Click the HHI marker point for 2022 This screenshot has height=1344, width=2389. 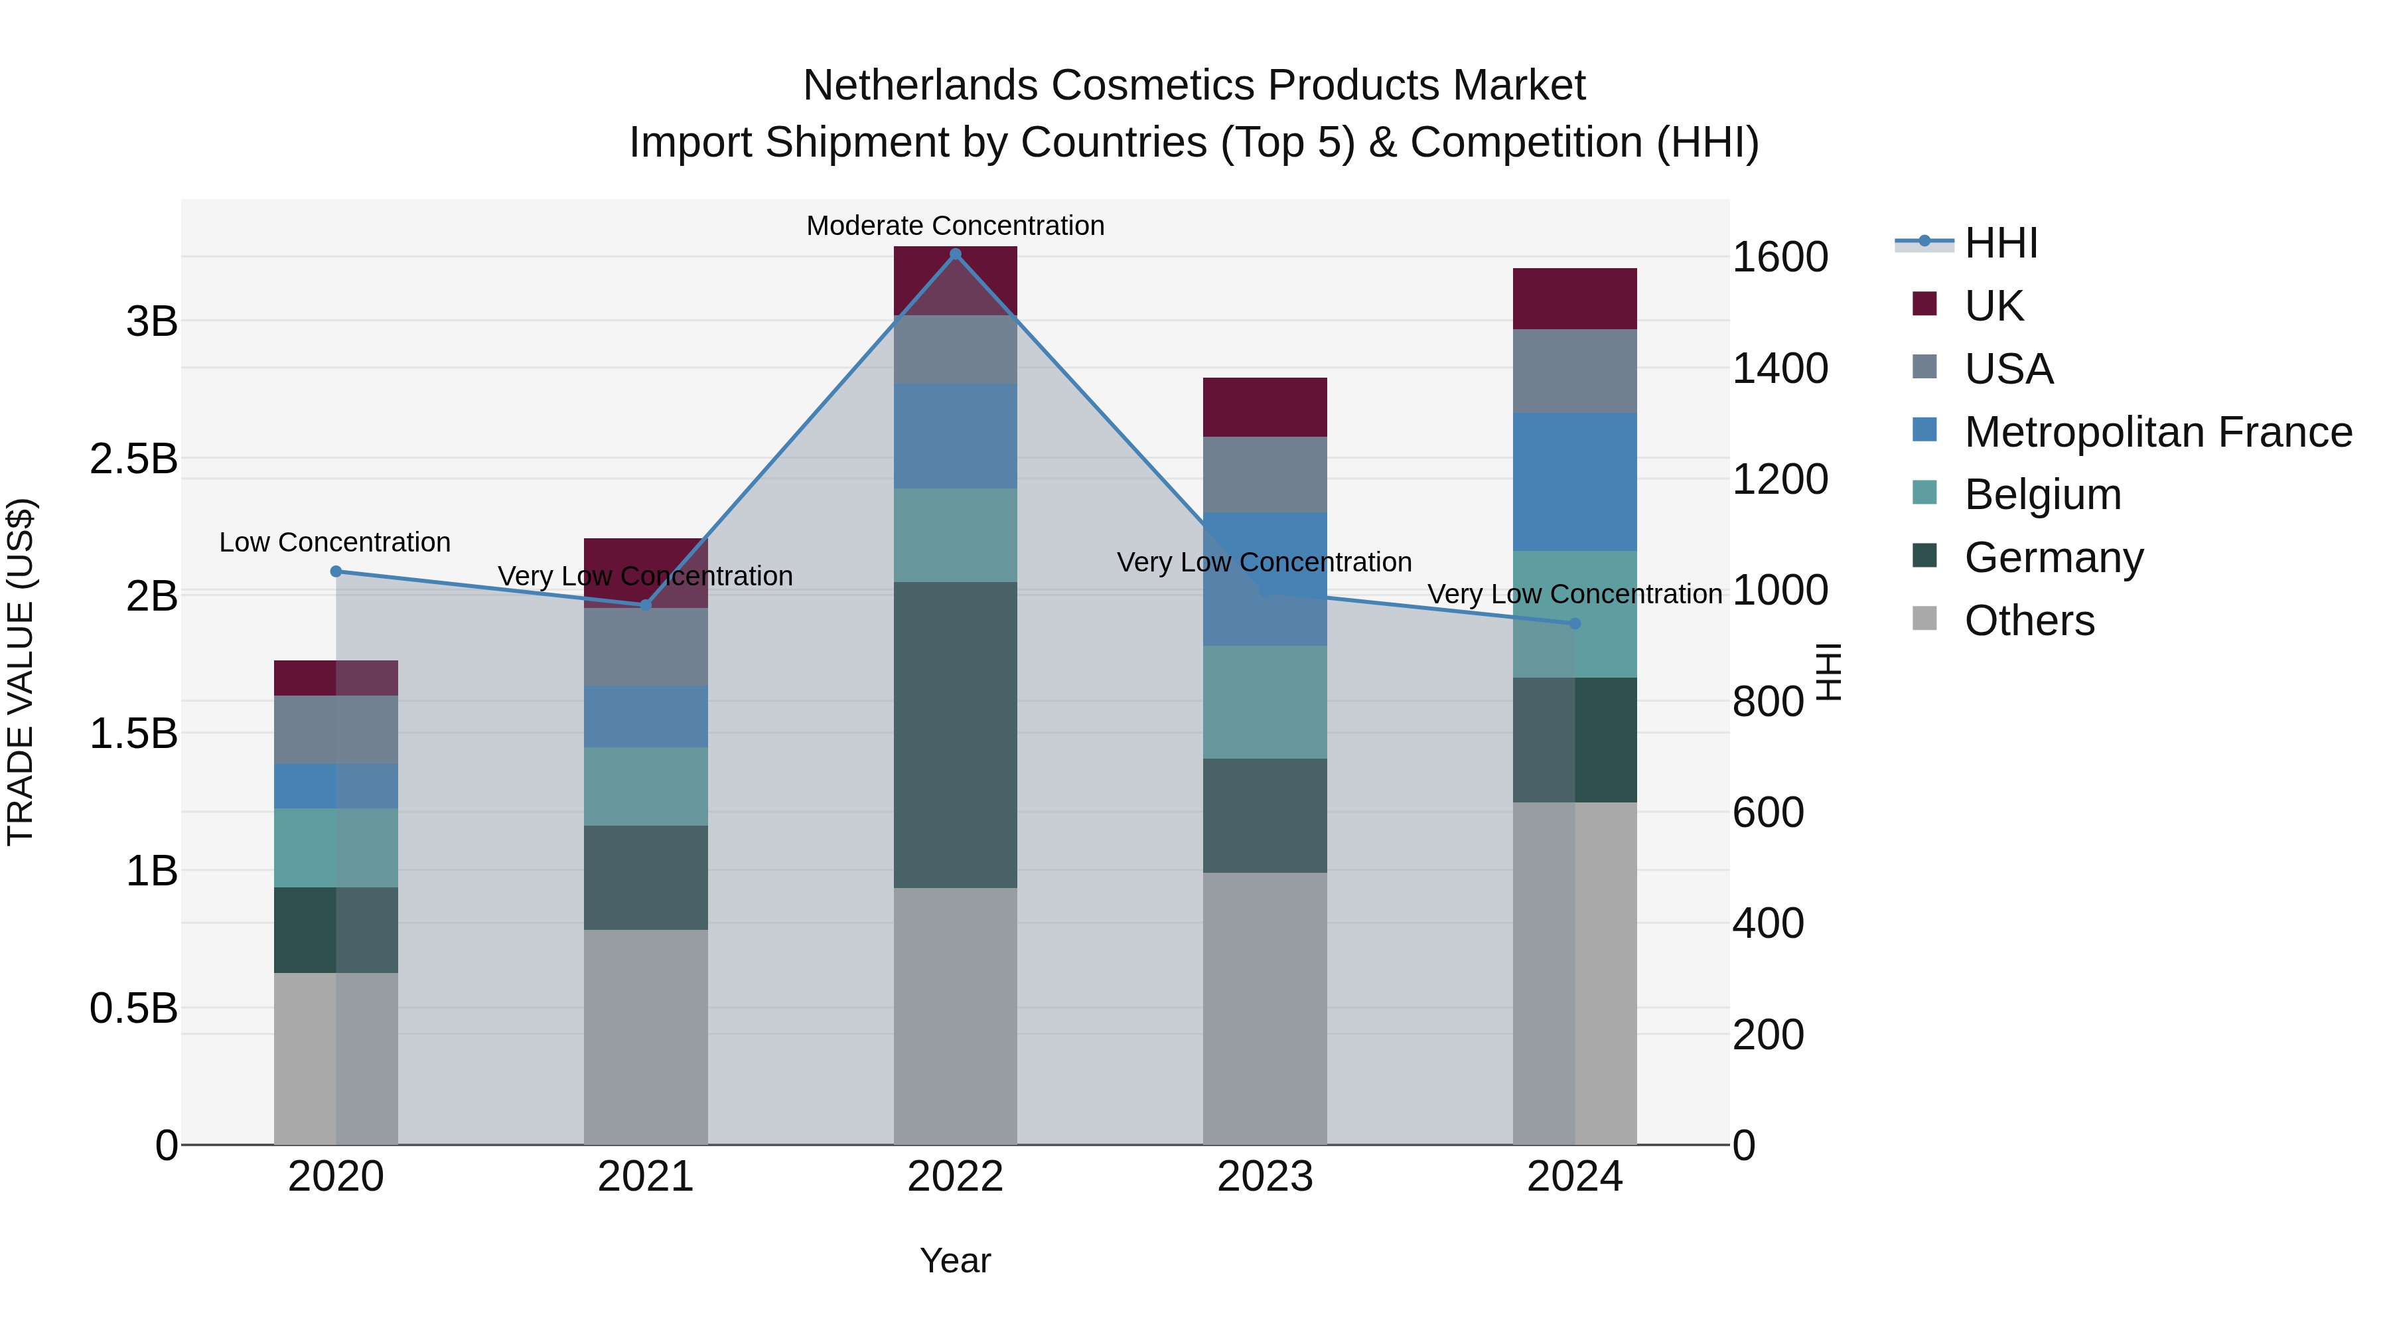tap(955, 254)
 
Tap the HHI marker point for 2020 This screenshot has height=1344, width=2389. tap(336, 571)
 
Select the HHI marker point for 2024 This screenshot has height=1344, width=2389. tap(1574, 623)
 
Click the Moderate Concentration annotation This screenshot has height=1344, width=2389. tap(955, 226)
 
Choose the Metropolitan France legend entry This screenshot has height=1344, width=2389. tap(2157, 431)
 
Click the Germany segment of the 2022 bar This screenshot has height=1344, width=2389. tap(955, 735)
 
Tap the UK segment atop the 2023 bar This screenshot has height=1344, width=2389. tap(1264, 408)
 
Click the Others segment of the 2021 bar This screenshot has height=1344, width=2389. tap(646, 1036)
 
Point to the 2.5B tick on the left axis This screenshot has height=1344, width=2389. tap(133, 458)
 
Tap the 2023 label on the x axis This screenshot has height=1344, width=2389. tap(1264, 1176)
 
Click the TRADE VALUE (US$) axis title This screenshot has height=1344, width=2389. tap(21, 672)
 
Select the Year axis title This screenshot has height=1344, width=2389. tap(955, 1260)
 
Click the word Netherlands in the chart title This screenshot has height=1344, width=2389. tap(920, 86)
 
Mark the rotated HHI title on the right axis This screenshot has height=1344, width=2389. tap(1828, 672)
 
